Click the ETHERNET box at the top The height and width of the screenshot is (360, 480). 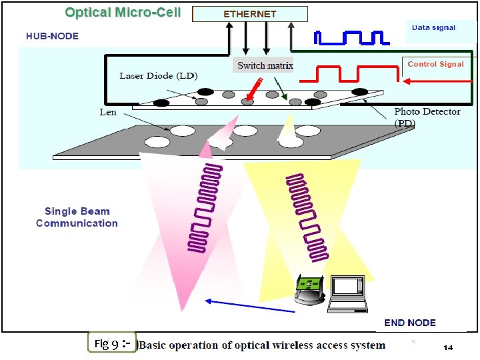[x=249, y=14]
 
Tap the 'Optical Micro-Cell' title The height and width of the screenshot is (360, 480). [x=123, y=13]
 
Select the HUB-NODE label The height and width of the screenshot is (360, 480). [x=52, y=36]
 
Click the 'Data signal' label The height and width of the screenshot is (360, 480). [x=433, y=28]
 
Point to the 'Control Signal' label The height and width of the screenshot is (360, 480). [x=435, y=64]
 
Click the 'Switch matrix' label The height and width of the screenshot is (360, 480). [x=265, y=65]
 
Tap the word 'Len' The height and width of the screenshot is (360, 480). [x=108, y=112]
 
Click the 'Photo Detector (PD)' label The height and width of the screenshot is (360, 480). [x=427, y=117]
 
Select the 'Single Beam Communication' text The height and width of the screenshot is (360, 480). [x=77, y=217]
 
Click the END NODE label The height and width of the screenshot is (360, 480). [x=410, y=323]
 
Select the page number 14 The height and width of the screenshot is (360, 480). [x=448, y=348]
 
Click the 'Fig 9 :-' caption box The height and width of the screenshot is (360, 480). [x=111, y=344]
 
